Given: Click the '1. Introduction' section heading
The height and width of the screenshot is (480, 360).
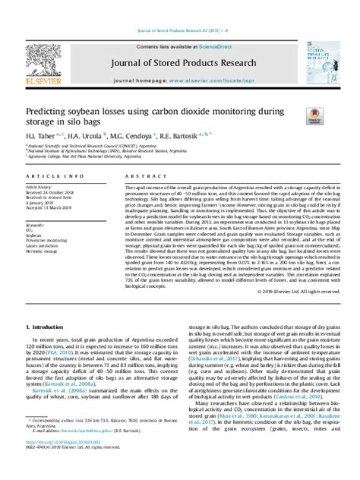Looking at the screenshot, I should [x=51, y=327].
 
